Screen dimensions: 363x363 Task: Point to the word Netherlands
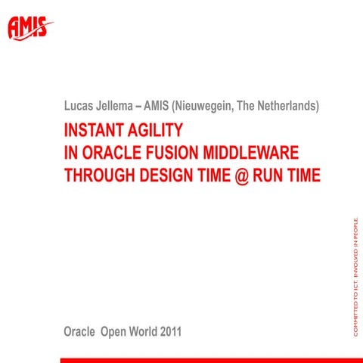pyautogui.click(x=286, y=107)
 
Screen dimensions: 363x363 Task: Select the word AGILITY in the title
pyautogui.click(x=157, y=129)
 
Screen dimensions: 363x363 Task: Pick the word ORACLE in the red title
pyautogui.click(x=112, y=153)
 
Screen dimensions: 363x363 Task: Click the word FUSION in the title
pyautogui.click(x=178, y=153)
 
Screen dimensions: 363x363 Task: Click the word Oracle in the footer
pyautogui.click(x=81, y=332)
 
